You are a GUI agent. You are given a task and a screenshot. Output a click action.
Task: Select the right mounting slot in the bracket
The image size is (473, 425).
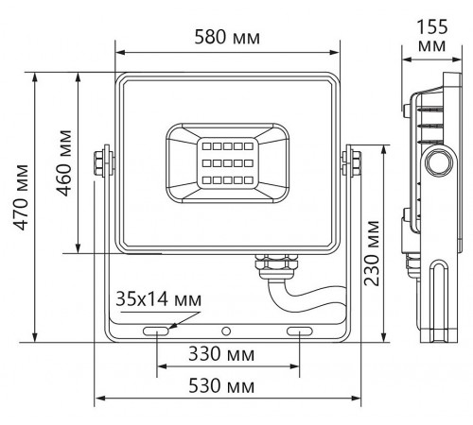(x=300, y=331)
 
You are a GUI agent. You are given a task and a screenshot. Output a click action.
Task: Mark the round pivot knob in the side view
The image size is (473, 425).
(x=437, y=161)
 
